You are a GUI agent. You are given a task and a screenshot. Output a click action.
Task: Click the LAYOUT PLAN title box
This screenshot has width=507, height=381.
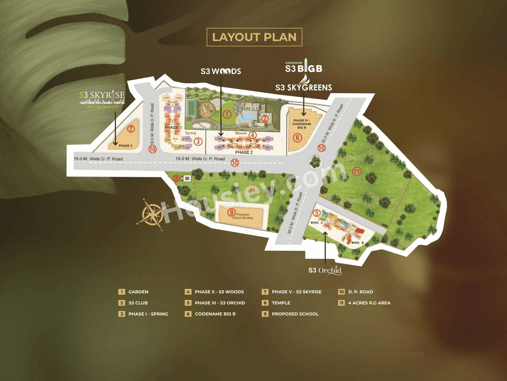click(x=254, y=37)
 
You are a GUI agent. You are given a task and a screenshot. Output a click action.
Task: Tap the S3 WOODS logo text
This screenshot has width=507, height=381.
click(x=221, y=71)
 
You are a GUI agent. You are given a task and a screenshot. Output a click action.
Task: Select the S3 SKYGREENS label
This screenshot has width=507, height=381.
click(x=303, y=88)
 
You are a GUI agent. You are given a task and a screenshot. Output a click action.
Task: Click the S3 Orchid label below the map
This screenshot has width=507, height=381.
click(x=325, y=270)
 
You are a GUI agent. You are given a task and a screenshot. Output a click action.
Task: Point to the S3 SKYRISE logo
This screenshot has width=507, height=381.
click(x=102, y=97)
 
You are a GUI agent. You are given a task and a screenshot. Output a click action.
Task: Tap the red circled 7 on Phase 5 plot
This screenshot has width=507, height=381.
click(x=131, y=129)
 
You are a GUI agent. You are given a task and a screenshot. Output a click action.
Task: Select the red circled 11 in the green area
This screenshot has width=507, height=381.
click(x=357, y=171)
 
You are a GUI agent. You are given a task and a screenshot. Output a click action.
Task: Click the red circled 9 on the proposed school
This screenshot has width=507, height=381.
click(x=231, y=213)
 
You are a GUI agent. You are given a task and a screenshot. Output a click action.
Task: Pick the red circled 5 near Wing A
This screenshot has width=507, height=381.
click(x=317, y=213)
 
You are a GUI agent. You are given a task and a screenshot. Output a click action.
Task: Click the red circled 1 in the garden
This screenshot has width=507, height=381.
click(x=227, y=114)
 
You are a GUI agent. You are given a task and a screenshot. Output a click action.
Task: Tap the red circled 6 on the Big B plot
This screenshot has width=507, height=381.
click(x=297, y=138)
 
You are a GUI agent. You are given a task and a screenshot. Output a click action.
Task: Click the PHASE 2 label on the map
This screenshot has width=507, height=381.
click(x=244, y=152)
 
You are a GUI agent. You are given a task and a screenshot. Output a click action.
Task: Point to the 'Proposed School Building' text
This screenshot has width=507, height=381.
click(x=243, y=216)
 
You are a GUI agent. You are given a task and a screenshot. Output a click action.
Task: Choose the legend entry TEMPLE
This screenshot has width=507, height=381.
click(x=281, y=303)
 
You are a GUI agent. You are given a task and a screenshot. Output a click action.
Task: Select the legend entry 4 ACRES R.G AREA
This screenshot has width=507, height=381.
click(x=369, y=303)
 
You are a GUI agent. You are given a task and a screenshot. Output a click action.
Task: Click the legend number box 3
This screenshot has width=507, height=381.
click(x=122, y=314)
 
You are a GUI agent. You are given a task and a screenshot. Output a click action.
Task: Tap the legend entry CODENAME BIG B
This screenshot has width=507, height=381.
click(x=215, y=314)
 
